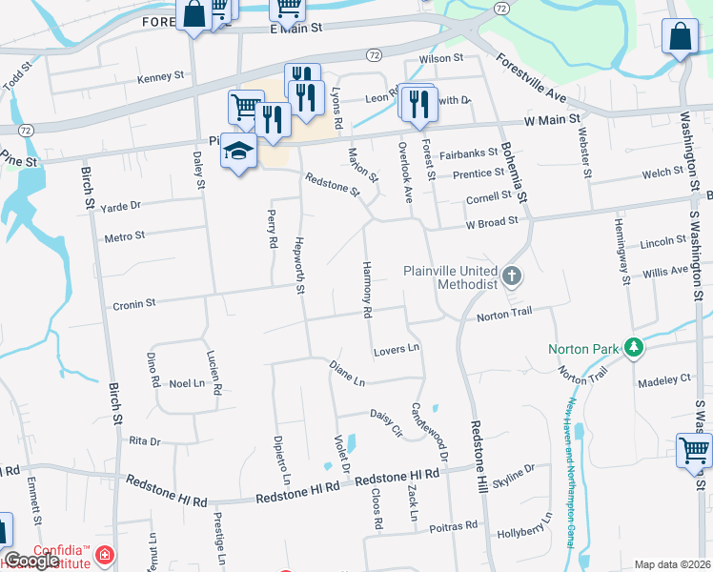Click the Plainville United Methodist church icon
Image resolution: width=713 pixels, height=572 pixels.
pos(513,277)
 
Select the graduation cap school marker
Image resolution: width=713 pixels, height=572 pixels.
pos(239,153)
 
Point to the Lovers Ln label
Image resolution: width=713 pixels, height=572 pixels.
pos(397,349)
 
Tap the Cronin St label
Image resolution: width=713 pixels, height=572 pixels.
pos(133,304)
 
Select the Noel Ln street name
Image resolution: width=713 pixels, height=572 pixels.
pos(186,383)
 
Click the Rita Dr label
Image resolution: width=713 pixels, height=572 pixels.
pos(144,441)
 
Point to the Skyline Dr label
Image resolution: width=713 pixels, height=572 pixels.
pos(515,473)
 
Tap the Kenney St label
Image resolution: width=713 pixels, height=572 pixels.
pos(160,76)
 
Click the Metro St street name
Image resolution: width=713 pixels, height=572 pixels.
pos(124,235)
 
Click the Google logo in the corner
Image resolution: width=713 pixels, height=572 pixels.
pos(31,561)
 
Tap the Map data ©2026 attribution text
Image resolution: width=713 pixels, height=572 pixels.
pos(672,564)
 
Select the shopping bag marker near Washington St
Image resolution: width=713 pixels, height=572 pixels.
pos(680,39)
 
